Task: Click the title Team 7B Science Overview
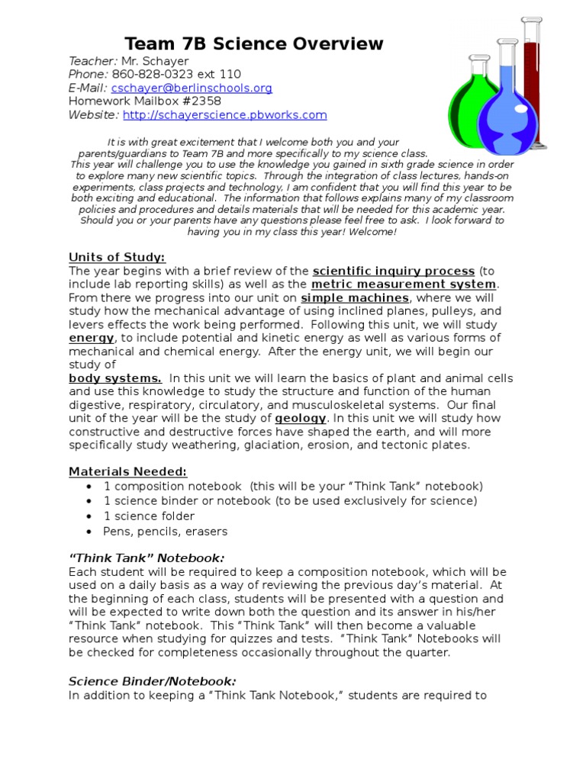[253, 44]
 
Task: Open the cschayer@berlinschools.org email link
[192, 88]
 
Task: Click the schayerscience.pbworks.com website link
[224, 115]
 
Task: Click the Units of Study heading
[117, 257]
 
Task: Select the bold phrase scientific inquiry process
[394, 272]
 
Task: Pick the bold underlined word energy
[92, 338]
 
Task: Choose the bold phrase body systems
[115, 378]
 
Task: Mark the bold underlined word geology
[301, 419]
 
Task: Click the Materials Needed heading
[127, 472]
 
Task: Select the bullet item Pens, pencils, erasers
[165, 532]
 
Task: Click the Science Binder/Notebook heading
[153, 681]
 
